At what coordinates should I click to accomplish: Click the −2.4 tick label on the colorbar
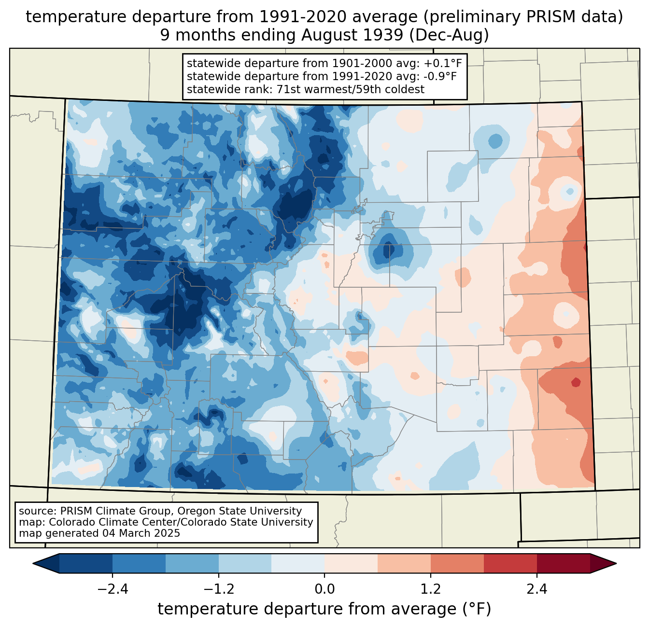112,589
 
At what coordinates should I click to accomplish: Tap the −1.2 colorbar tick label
218,589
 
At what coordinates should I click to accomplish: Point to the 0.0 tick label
324,589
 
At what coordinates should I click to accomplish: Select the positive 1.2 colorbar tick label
431,589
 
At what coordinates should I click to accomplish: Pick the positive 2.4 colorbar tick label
536,589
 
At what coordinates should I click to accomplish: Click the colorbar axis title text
324,609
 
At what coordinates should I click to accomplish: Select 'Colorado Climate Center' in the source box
103,522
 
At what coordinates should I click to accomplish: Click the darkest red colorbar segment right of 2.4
563,563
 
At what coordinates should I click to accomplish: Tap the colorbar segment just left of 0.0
298,563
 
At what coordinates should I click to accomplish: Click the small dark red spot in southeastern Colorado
576,382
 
